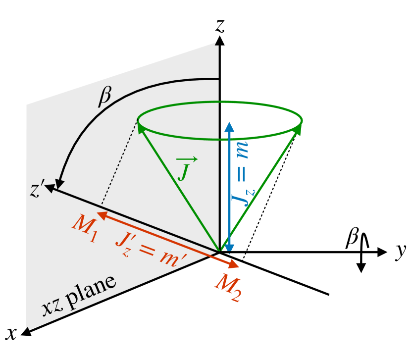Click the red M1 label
pos(84,227)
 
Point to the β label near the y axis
pos(351,239)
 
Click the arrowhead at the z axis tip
pos(218,41)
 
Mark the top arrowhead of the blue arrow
pos(229,126)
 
